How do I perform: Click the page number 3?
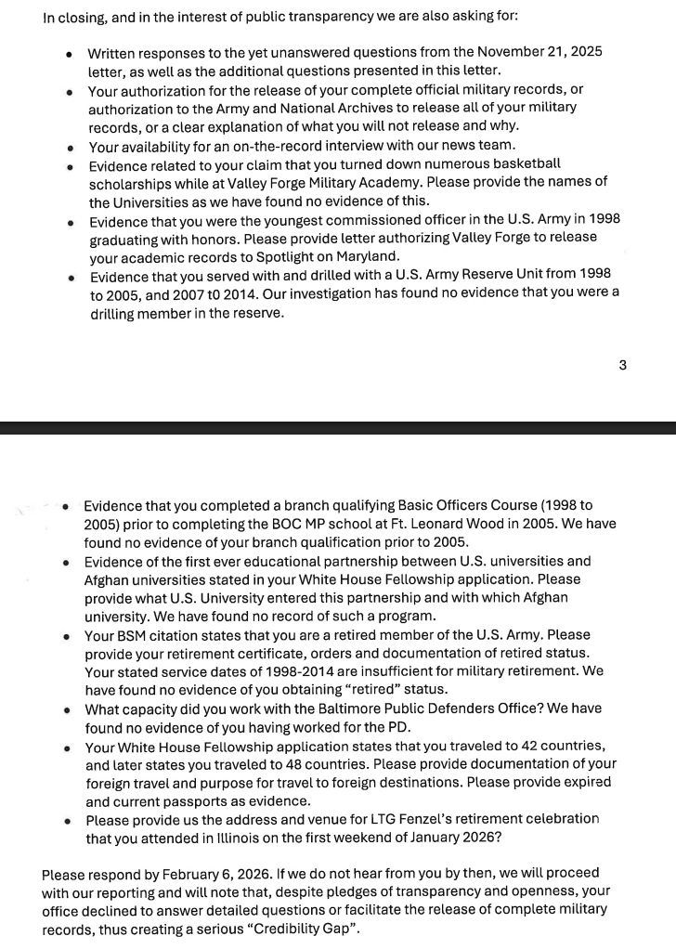[622, 365]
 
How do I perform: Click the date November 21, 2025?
[540, 52]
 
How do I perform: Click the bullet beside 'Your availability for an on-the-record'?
[70, 146]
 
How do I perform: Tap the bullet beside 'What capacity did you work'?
[67, 709]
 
